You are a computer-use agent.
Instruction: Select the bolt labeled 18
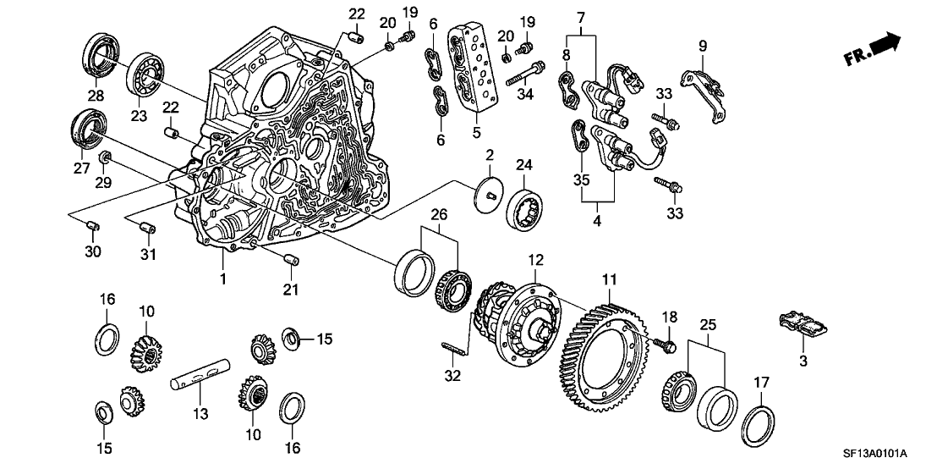coord(667,345)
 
